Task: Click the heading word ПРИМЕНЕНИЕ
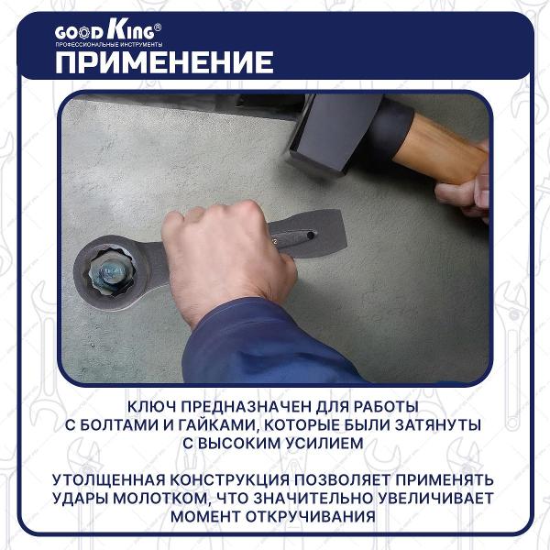tap(163, 61)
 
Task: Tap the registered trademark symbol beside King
tap(158, 27)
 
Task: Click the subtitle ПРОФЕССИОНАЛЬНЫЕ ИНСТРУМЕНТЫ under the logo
tap(108, 45)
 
